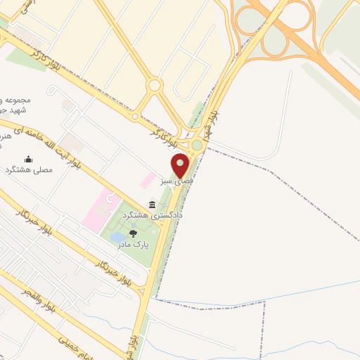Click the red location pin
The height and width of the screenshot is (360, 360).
click(x=181, y=165)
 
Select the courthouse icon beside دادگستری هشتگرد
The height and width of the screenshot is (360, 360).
click(x=153, y=205)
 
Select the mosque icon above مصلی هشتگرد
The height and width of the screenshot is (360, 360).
click(x=29, y=159)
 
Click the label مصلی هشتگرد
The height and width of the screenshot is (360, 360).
click(x=30, y=170)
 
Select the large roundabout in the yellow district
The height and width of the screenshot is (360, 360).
click(x=155, y=86)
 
